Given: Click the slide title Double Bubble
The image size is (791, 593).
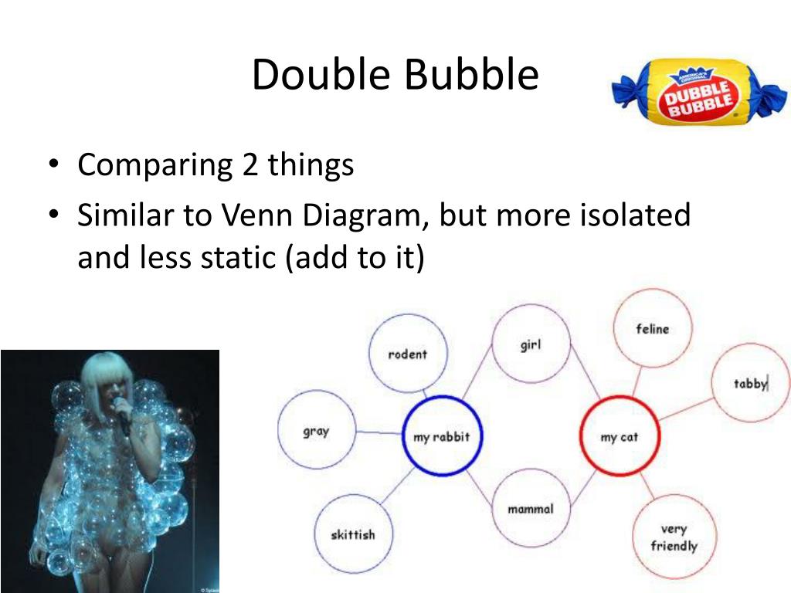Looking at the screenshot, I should tap(395, 76).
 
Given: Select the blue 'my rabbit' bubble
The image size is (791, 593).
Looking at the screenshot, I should tap(442, 436).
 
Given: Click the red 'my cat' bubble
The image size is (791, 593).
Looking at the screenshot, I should tap(619, 436).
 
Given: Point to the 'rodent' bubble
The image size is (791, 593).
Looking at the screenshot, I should tap(407, 354).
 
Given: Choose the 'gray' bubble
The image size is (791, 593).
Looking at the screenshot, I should tap(316, 431).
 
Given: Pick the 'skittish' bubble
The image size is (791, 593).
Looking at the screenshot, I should tap(352, 534).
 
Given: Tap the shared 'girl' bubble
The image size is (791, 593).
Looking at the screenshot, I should tap(530, 344).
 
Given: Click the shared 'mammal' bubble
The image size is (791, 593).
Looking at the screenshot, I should tap(530, 508).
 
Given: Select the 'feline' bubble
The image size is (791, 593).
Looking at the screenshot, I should tap(652, 329).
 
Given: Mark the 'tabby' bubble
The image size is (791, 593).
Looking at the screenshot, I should tap(750, 383).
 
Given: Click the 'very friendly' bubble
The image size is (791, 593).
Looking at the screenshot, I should tap(674, 537).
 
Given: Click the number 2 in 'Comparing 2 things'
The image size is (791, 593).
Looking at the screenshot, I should tap(250, 164).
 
